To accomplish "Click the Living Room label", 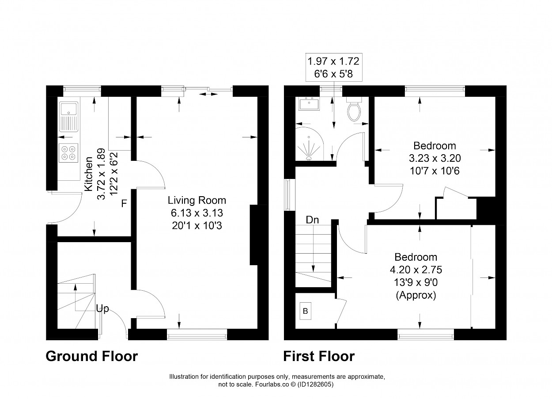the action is [197, 200].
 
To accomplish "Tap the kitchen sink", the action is [69, 117].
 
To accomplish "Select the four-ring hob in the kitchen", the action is [68, 153].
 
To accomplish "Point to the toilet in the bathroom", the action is [354, 109].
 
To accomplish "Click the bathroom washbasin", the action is [309, 103].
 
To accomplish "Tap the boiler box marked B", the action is [305, 311].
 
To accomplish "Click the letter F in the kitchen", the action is [124, 204].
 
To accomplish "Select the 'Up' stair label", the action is [102, 309].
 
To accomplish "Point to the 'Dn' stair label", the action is [312, 220].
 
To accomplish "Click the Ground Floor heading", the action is [92, 357].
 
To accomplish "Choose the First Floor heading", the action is [319, 357].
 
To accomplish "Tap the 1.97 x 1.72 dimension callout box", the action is [334, 67].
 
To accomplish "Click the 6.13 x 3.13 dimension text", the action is [197, 213].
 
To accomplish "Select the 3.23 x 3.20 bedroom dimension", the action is [435, 158].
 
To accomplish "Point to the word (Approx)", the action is [416, 295].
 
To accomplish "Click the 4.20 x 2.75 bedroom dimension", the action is [416, 270].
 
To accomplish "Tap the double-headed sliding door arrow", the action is [208, 94].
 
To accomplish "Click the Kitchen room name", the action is [88, 174].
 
